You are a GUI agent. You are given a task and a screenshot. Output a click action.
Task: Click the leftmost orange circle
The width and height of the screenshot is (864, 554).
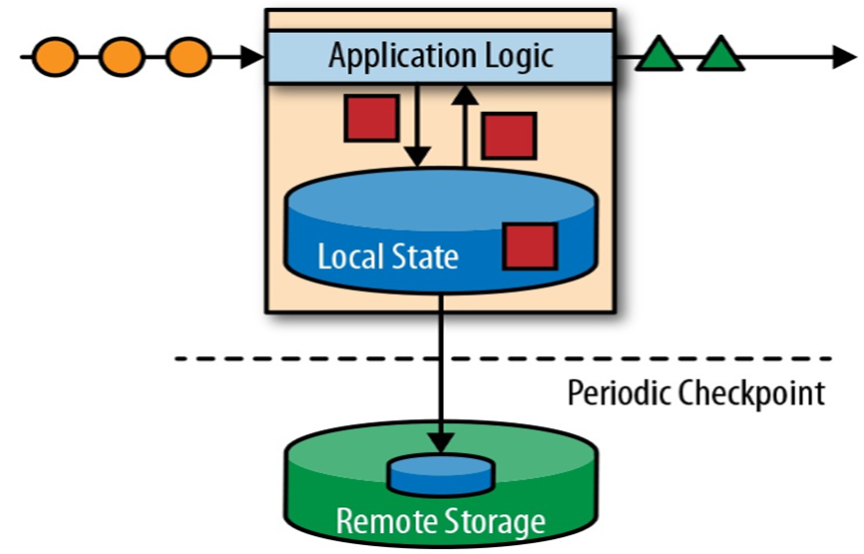[x=55, y=56]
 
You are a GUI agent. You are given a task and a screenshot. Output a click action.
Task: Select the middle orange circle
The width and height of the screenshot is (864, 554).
[x=121, y=56]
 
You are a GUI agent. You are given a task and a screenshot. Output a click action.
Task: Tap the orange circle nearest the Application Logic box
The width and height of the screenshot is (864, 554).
[x=187, y=56]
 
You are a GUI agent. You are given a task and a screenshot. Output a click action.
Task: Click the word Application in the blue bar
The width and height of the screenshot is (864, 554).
[x=398, y=55]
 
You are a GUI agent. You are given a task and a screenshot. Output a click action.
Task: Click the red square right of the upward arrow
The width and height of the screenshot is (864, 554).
[x=509, y=136]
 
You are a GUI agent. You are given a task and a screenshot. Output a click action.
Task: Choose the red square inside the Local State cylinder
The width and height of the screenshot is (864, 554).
[x=529, y=246]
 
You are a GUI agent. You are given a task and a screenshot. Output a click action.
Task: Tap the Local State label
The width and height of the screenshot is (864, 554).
[x=388, y=257]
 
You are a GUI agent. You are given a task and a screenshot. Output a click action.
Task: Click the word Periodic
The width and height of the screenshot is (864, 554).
[x=620, y=393]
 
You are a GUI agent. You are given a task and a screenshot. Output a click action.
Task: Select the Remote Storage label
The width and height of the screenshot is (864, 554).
[x=440, y=521]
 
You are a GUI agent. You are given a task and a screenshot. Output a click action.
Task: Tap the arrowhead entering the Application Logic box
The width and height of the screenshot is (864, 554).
[x=254, y=56]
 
